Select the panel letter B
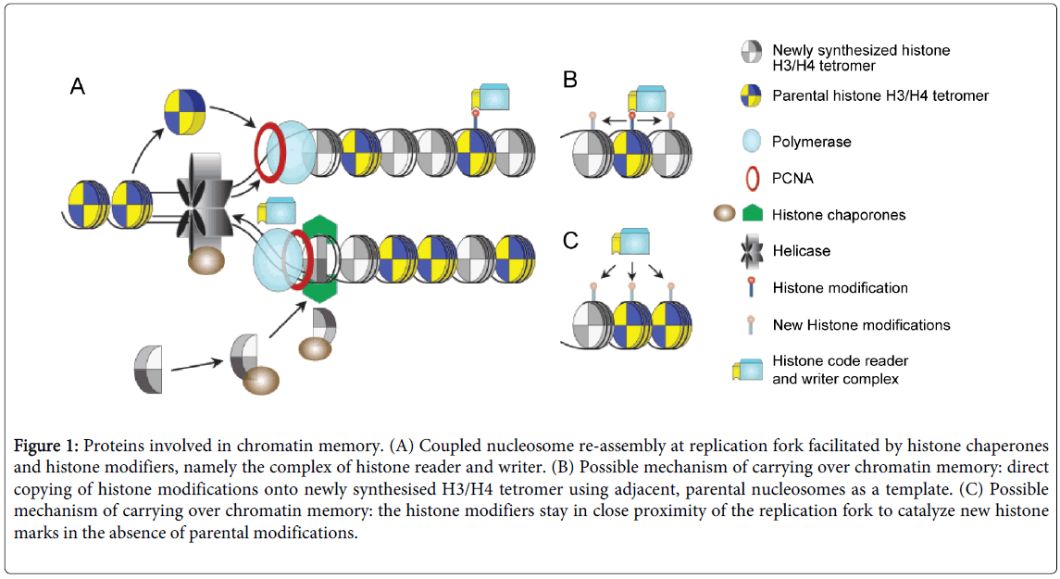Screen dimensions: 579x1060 coord(571,80)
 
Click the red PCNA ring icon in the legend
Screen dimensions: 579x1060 coord(751,178)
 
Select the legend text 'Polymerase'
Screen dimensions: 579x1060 coord(812,142)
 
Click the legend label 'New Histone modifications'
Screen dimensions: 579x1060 coord(861,325)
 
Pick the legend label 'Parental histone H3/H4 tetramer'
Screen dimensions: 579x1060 coord(880,95)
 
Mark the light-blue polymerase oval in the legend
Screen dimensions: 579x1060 coord(751,141)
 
